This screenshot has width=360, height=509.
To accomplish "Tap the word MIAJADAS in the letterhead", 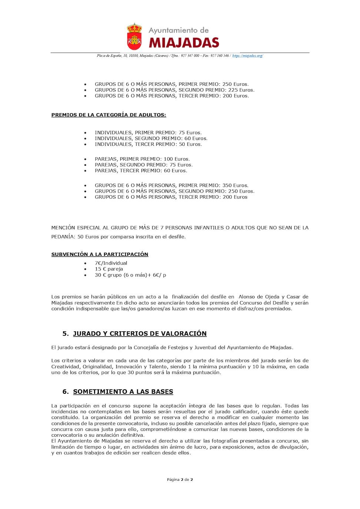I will pyautogui.click(x=184, y=43).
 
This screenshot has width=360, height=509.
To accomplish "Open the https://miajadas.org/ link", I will pyautogui.click(x=247, y=56).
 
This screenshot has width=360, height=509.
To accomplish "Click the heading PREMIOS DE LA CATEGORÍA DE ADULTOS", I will pyautogui.click(x=109, y=115).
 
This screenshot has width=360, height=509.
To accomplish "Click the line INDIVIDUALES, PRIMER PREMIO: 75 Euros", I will pyautogui.click(x=148, y=133).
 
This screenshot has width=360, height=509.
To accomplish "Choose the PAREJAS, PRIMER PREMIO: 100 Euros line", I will pyautogui.click(x=142, y=159).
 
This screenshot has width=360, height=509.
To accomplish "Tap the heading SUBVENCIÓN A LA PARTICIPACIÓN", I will pyautogui.click(x=100, y=254).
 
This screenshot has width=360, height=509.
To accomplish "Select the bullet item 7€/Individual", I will pyautogui.click(x=111, y=263).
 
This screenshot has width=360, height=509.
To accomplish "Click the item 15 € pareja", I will pyautogui.click(x=109, y=269).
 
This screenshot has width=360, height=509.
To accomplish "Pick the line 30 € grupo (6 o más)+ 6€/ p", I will pyautogui.click(x=130, y=275).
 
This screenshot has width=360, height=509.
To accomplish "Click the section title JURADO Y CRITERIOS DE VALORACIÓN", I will pyautogui.click(x=140, y=333).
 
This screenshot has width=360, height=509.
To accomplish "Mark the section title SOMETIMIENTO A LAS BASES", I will pyautogui.click(x=123, y=392).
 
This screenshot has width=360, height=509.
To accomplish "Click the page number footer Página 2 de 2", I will pyautogui.click(x=180, y=479).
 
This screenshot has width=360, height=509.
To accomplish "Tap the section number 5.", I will pyautogui.click(x=65, y=333).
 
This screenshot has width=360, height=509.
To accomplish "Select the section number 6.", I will pyautogui.click(x=65, y=392).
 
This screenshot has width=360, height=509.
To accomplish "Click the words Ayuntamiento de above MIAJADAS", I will pyautogui.click(x=179, y=30).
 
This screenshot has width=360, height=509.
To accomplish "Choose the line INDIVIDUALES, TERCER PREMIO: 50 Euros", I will pyautogui.click(x=148, y=144).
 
